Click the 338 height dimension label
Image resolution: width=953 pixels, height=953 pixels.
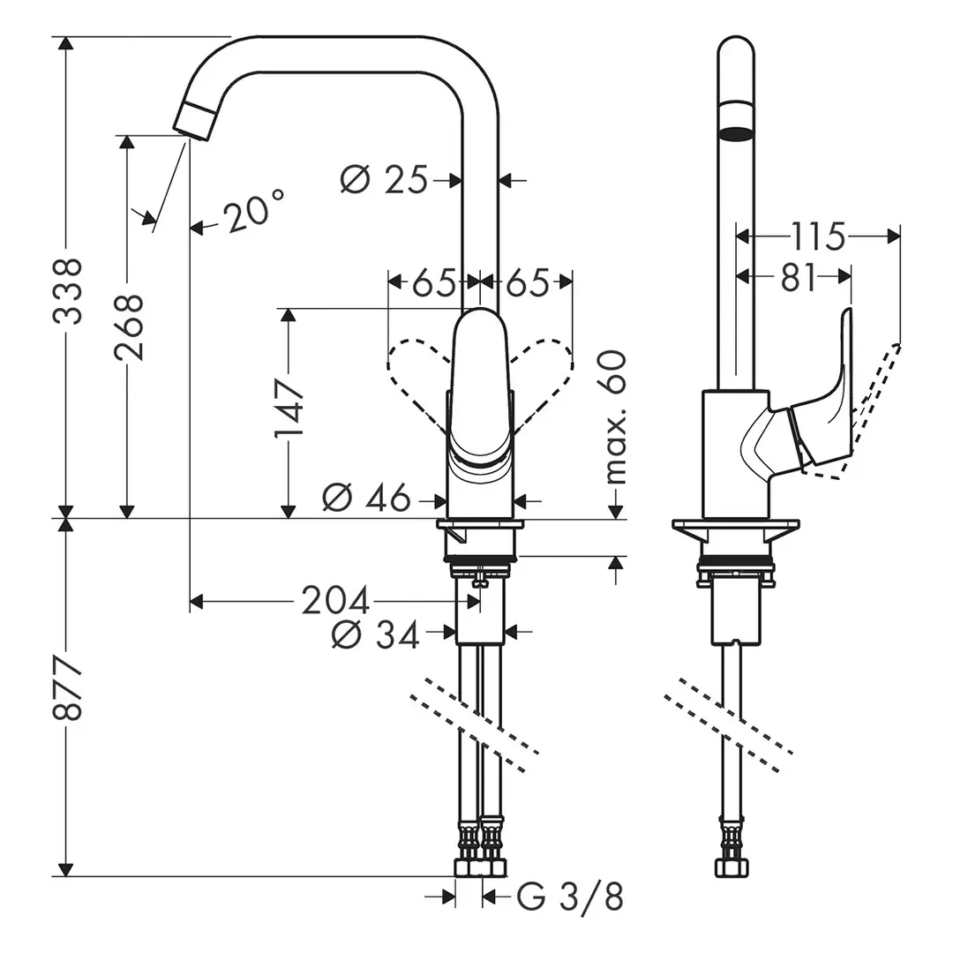(67, 291)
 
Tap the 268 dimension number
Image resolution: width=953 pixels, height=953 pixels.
(130, 326)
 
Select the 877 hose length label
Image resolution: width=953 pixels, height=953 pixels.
(67, 688)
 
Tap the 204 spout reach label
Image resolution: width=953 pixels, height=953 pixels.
(335, 602)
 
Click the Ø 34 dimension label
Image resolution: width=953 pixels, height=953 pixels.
(376, 634)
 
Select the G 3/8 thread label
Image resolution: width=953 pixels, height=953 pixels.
(570, 897)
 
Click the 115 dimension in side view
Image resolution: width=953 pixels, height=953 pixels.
(817, 236)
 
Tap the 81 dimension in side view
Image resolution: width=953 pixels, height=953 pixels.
(798, 277)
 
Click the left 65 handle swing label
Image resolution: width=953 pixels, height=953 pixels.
(433, 283)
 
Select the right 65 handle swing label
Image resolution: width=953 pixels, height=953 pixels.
(526, 283)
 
